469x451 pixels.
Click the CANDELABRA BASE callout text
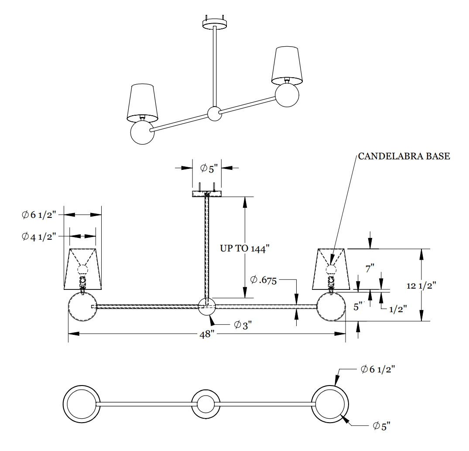404,156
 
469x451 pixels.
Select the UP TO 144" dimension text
245,248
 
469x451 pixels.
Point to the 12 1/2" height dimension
421,286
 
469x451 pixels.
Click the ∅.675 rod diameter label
264,280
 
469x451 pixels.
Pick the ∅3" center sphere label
243,325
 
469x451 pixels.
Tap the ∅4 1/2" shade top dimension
39,237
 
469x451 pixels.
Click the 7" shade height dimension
370,269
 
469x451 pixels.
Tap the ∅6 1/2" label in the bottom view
378,369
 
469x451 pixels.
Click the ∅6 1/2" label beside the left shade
39,215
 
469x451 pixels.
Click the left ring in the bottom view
82,404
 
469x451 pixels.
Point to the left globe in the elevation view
82,307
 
